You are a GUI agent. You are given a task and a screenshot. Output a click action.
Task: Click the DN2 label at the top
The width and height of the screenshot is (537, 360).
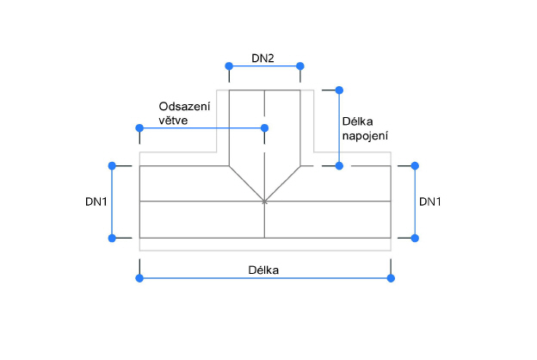[263, 58]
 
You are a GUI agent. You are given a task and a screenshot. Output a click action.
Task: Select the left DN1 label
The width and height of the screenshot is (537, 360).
[96, 202]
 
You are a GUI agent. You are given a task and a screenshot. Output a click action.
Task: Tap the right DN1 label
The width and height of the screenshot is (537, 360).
[430, 202]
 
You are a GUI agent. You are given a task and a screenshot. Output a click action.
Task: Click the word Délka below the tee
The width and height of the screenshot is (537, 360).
[263, 269]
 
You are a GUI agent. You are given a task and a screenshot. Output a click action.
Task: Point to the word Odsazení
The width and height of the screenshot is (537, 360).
[185, 106]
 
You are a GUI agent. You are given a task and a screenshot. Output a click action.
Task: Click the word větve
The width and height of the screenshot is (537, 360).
[173, 121]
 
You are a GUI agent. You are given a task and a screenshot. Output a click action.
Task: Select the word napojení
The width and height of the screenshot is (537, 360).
[366, 136]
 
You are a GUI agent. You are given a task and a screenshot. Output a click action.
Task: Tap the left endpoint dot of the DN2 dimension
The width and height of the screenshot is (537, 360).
[229, 66]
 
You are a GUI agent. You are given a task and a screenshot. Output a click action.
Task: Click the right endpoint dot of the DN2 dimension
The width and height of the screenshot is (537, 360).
[300, 66]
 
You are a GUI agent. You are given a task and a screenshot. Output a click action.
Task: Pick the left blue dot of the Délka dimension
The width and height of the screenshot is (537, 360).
[139, 277]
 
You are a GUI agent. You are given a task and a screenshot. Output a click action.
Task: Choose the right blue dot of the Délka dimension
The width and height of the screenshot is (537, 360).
[391, 277]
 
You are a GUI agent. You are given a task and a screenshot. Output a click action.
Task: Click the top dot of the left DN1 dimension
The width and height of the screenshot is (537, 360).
[111, 164]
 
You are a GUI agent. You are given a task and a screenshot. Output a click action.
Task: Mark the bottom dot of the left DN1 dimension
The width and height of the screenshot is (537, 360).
[111, 238]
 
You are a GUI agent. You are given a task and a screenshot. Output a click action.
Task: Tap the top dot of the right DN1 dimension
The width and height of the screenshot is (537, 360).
[416, 164]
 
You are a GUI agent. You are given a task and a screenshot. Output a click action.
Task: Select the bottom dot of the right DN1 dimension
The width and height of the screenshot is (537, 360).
[416, 238]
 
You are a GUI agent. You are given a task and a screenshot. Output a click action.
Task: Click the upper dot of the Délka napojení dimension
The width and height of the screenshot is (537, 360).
[340, 90]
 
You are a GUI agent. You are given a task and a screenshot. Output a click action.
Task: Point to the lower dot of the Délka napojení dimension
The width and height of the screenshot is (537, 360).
[340, 164]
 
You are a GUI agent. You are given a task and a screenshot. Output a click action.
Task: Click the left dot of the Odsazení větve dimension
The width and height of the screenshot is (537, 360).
[139, 128]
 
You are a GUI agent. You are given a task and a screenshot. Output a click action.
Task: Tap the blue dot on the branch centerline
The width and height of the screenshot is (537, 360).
[265, 128]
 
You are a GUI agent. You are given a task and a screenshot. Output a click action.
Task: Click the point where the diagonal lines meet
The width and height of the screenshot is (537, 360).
[265, 202]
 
